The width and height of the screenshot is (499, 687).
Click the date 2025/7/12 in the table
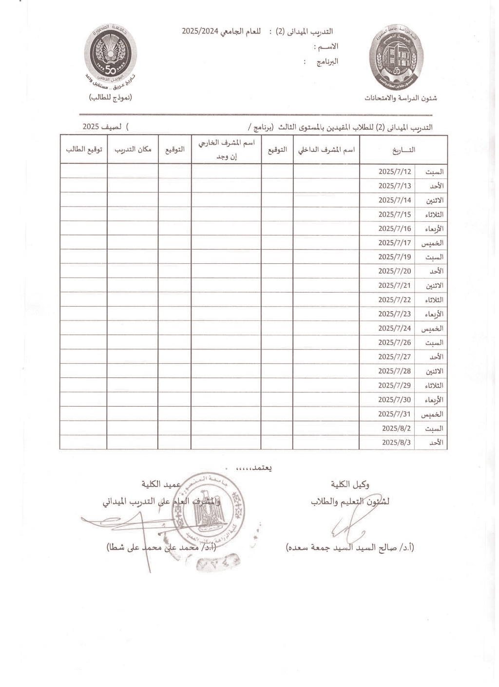tap(394, 172)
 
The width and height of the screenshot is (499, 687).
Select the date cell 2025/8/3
tap(396, 443)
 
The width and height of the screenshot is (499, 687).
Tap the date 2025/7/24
tap(394, 328)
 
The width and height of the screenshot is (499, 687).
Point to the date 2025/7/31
tap(394, 414)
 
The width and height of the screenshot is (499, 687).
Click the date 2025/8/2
tap(396, 428)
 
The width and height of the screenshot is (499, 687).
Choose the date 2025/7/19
tap(394, 257)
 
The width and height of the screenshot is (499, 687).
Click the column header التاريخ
tap(403, 150)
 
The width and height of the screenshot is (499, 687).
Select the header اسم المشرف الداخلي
tap(326, 150)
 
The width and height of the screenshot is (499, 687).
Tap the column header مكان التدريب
tap(133, 150)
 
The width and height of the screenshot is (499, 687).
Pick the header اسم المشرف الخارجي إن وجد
tap(226, 150)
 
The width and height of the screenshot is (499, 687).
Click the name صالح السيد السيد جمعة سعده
tap(350, 548)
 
